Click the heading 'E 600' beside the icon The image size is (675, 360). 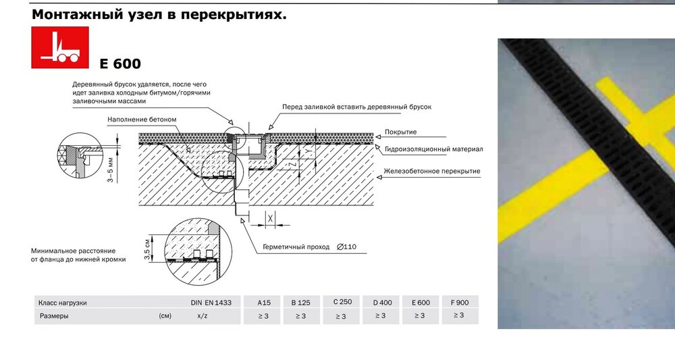pyautogui.click(x=120, y=64)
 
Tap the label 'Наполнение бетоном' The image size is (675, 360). pyautogui.click(x=142, y=120)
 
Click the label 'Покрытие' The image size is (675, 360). pyautogui.click(x=400, y=132)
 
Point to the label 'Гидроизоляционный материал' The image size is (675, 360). pyautogui.click(x=433, y=149)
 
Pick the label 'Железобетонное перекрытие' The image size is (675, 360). pyautogui.click(x=432, y=171)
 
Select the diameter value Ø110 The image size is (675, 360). pyautogui.click(x=346, y=247)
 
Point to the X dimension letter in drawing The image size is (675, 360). pyautogui.click(x=270, y=219)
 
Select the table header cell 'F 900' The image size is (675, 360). pyautogui.click(x=460, y=303)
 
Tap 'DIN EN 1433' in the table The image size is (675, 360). pyautogui.click(x=211, y=303)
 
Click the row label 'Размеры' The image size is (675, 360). pyautogui.click(x=54, y=315)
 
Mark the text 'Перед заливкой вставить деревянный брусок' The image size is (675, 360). pyautogui.click(x=356, y=107)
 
